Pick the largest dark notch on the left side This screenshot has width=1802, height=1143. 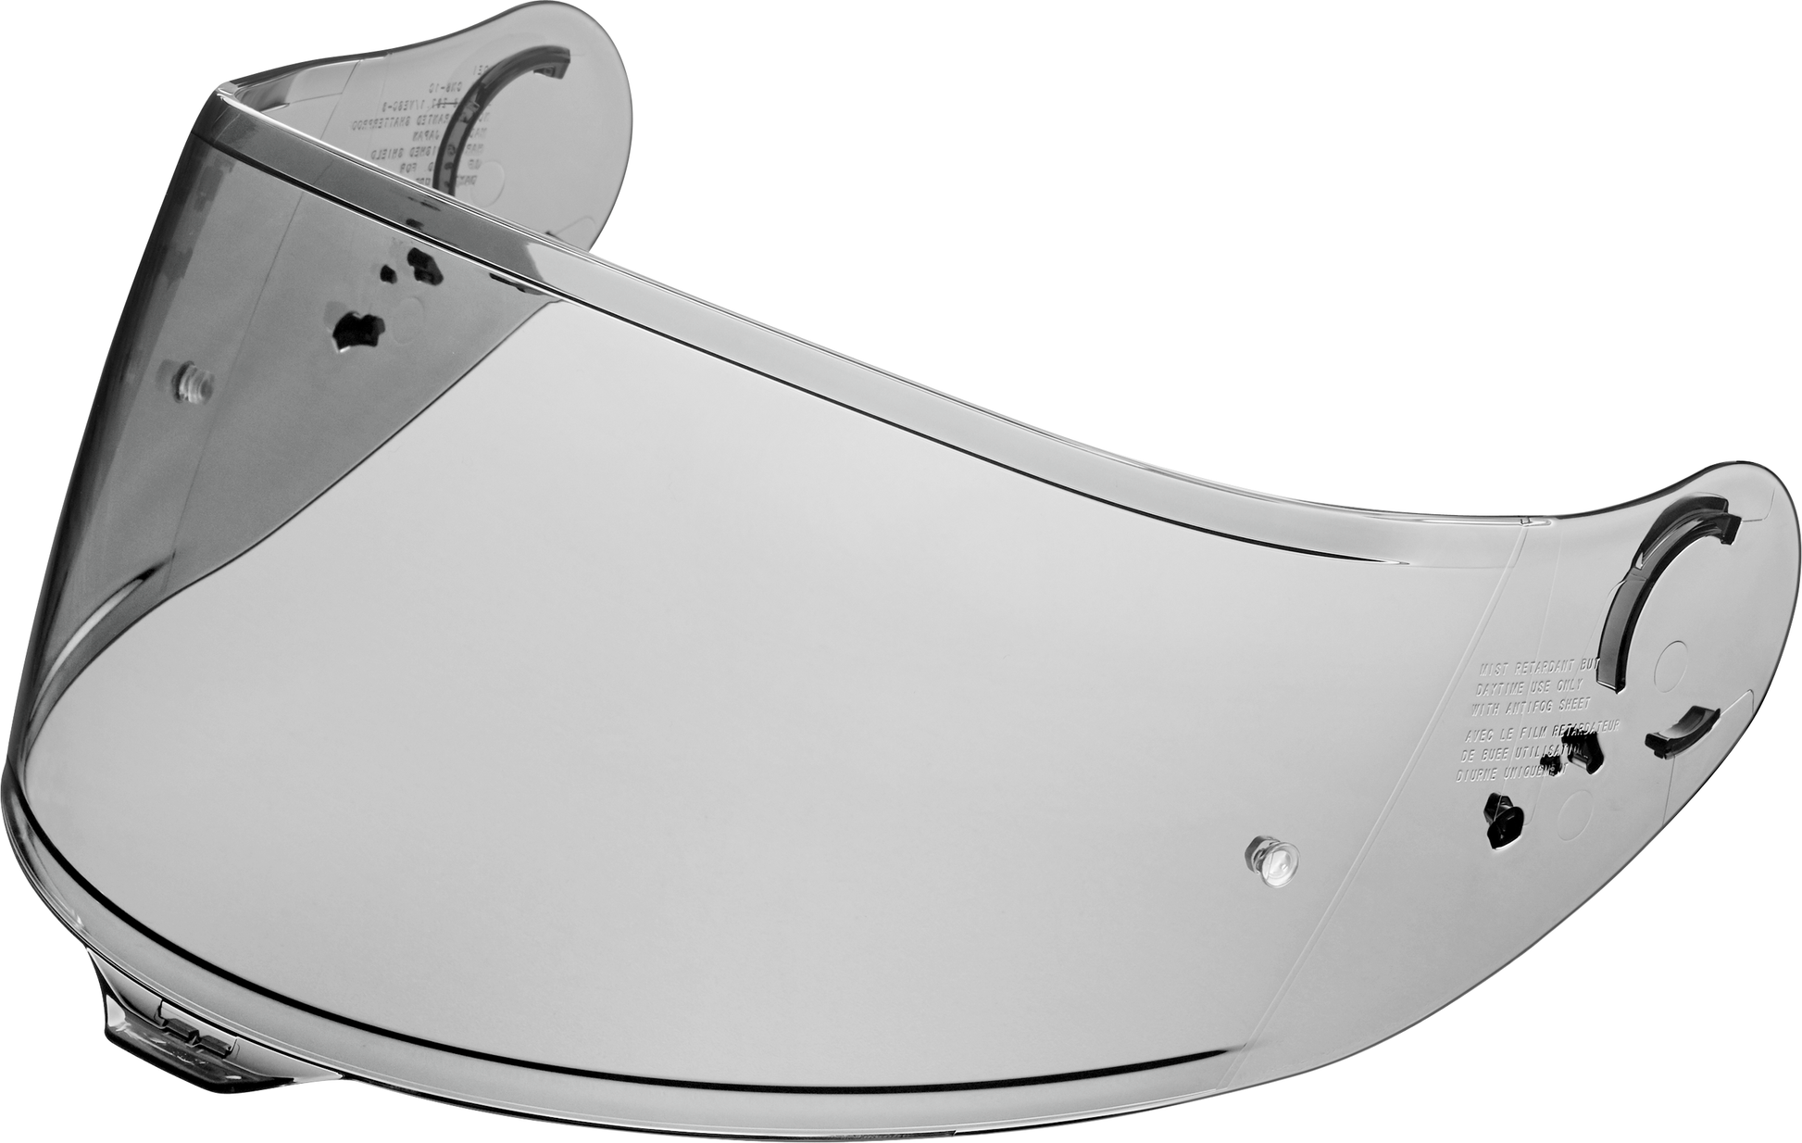pyautogui.click(x=358, y=329)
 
